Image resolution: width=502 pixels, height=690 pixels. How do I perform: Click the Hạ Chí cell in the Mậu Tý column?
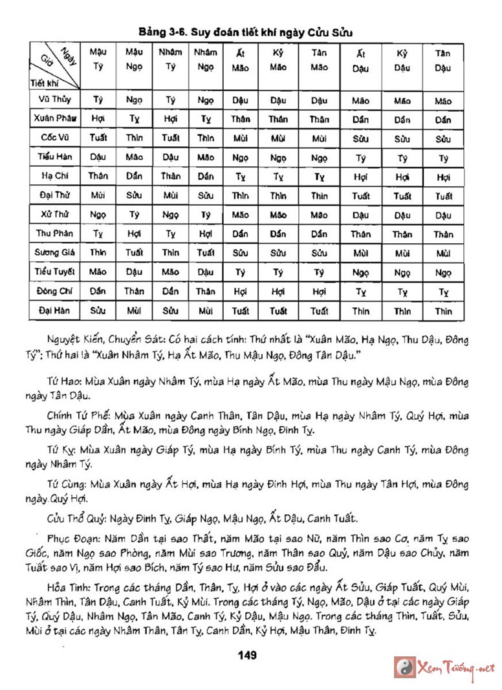pos(98,177)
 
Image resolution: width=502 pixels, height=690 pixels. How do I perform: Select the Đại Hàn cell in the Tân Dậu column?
pos(443,311)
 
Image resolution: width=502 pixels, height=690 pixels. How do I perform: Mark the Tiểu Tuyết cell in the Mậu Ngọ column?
pos(135,272)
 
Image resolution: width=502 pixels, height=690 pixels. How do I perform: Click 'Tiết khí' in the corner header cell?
pos(44,83)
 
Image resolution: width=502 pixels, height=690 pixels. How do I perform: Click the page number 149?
pos(248,655)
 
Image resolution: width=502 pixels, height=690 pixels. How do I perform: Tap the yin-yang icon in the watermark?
pos(405,667)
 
